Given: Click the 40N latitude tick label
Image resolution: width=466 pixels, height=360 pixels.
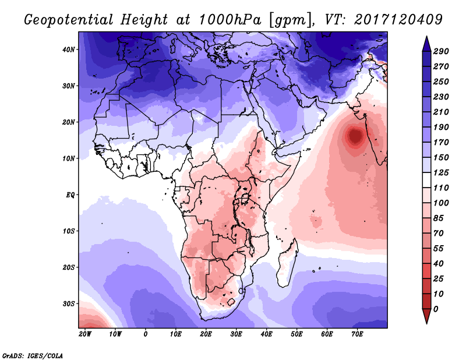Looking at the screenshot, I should (x=69, y=50).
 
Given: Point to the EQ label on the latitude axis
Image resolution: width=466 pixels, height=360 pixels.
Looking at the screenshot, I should (x=70, y=195).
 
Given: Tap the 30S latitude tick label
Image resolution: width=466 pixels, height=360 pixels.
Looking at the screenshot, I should (x=69, y=303).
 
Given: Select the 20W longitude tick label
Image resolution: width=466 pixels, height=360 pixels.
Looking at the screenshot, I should (x=85, y=334).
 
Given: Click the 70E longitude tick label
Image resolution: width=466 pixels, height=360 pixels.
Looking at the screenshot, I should (x=357, y=334).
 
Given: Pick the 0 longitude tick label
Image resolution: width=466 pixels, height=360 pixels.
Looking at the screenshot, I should (x=146, y=334).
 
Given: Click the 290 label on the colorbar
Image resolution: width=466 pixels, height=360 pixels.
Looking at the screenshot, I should (x=441, y=52).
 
